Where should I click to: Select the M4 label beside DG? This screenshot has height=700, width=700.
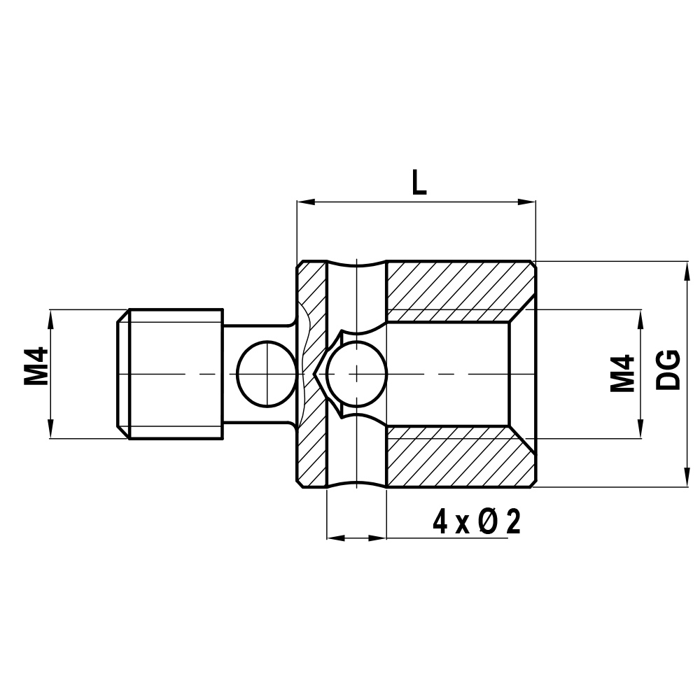622,372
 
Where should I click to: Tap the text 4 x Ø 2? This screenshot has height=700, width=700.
477,522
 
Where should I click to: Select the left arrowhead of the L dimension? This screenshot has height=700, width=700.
304,202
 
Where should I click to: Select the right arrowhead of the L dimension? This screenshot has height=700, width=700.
528,202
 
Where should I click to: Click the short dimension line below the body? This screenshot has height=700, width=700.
356,538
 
